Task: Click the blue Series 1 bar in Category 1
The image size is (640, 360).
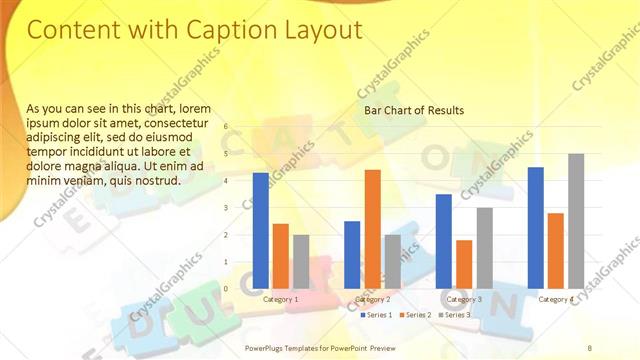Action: click(260, 230)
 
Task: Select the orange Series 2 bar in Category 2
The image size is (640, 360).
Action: click(372, 228)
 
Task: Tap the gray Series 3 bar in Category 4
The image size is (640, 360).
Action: click(576, 220)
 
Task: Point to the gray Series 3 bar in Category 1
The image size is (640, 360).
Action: click(301, 261)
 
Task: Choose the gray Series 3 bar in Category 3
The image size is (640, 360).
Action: click(484, 247)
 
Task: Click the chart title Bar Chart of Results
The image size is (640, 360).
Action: click(413, 109)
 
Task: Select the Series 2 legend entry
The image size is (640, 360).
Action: click(417, 315)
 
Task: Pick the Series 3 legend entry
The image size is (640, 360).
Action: click(455, 315)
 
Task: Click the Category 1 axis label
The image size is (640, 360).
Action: click(280, 299)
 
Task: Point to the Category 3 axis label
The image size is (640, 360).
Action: click(464, 299)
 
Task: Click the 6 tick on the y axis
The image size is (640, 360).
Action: click(227, 126)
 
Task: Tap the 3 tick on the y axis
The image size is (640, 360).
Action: click(227, 208)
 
